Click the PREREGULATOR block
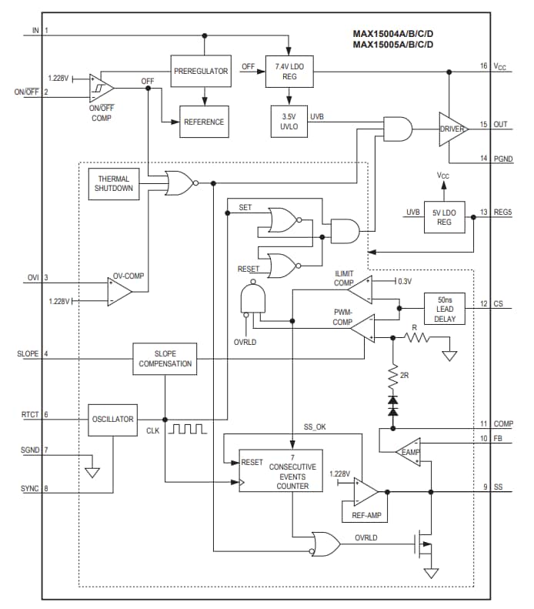click(200, 71)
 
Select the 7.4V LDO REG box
click(289, 71)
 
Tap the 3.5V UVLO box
click(289, 122)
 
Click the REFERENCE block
click(204, 122)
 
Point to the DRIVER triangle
click(452, 129)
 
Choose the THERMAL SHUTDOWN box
click(114, 183)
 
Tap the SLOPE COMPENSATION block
click(165, 359)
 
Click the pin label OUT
click(500, 124)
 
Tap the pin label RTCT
click(29, 415)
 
